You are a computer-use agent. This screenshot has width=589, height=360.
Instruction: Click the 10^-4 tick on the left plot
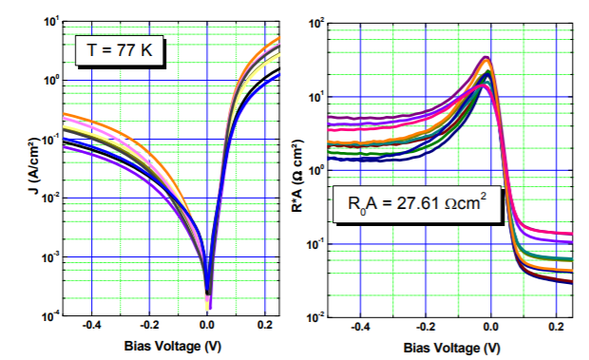pyautogui.click(x=45, y=315)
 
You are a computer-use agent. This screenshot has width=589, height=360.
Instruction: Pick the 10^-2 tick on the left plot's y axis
pyautogui.click(x=45, y=198)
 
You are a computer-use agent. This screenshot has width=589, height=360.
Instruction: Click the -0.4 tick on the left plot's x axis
pyautogui.click(x=91, y=327)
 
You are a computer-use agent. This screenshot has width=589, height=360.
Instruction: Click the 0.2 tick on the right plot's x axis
pyautogui.click(x=555, y=327)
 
